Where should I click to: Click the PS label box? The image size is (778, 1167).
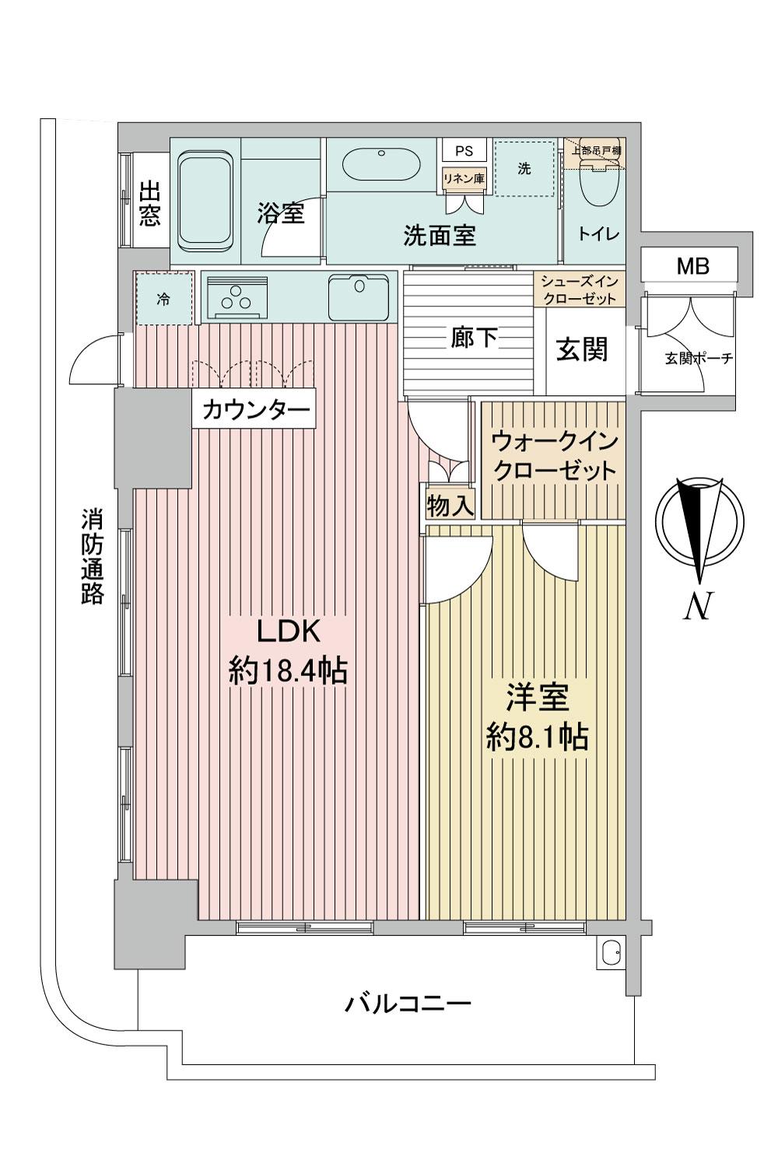[464, 151]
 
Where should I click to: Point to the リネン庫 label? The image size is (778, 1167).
[463, 179]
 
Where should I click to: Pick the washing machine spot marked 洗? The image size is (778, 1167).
[524, 168]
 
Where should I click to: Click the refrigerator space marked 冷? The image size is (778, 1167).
[163, 299]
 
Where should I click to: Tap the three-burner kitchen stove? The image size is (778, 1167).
[237, 297]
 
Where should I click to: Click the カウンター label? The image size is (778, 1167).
[256, 411]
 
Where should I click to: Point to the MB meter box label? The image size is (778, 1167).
[692, 267]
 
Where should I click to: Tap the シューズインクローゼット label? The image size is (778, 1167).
[580, 289]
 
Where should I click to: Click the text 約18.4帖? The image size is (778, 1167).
[288, 671]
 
